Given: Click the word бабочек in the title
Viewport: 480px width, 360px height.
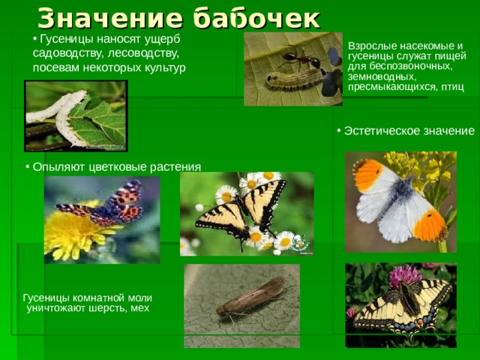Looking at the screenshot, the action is (x=256, y=19).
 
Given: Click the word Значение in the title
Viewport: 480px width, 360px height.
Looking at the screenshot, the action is (x=110, y=19).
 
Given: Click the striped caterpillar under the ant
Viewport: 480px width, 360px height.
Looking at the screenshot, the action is (x=295, y=79).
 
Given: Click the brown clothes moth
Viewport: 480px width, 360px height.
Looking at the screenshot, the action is (x=252, y=297).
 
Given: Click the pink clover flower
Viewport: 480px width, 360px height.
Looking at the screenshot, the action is (x=405, y=275).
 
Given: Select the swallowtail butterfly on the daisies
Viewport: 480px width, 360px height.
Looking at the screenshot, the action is (x=241, y=211).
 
